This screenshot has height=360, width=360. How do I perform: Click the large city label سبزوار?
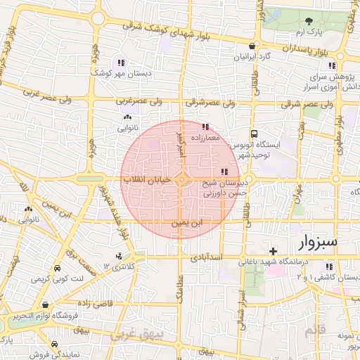(x=309, y=243)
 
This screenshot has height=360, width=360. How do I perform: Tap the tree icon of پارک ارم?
(x=310, y=22)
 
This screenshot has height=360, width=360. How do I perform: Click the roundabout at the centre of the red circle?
(x=181, y=181)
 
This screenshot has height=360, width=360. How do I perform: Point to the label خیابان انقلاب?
(x=148, y=180)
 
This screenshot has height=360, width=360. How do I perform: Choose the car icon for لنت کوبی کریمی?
(x=56, y=269)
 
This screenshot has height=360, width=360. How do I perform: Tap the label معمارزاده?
(x=205, y=138)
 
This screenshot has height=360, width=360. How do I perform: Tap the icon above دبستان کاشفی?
(x=328, y=266)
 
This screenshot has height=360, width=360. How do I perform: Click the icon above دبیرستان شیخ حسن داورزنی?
(x=224, y=172)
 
